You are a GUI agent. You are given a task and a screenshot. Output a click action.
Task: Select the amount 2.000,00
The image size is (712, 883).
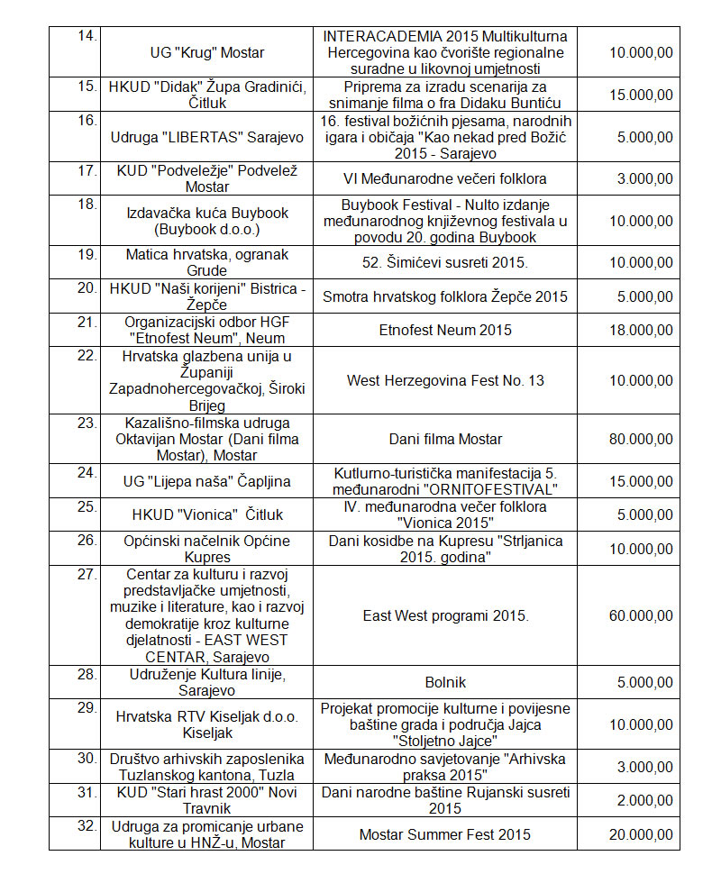(641, 800)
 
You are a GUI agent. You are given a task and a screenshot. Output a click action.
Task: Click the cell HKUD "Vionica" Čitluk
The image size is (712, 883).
(206, 514)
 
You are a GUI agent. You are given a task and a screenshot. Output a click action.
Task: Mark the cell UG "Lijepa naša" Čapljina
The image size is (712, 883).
(206, 481)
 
